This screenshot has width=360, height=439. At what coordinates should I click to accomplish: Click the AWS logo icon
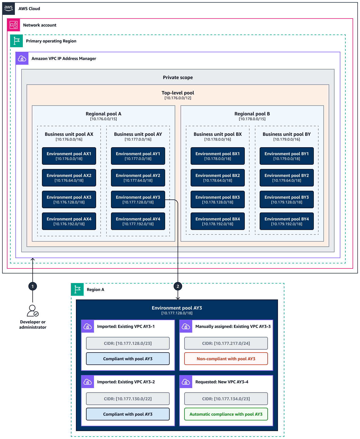(8, 8)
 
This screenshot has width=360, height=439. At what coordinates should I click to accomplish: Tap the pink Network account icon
(14, 25)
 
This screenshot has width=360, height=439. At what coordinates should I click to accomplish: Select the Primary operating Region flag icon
(16, 41)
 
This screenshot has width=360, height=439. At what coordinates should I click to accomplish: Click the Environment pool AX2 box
(69, 178)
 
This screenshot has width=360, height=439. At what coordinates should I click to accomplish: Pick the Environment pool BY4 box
(286, 221)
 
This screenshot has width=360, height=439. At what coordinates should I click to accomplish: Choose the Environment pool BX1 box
(217, 156)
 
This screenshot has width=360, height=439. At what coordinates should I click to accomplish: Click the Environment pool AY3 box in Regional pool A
(138, 199)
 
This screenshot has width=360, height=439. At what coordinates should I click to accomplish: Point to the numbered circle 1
(33, 286)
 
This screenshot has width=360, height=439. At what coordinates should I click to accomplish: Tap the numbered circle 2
(178, 286)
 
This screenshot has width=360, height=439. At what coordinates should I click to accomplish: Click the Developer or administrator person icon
(33, 311)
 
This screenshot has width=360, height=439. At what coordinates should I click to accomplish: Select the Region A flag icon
(77, 289)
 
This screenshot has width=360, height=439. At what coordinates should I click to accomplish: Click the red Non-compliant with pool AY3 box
(226, 359)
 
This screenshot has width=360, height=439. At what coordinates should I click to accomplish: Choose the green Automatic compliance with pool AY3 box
(226, 414)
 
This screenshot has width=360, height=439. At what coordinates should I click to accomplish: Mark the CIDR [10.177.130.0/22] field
(128, 399)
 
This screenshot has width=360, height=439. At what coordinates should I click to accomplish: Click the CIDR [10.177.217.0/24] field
(226, 343)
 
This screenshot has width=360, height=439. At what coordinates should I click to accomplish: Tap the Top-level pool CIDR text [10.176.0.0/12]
(178, 98)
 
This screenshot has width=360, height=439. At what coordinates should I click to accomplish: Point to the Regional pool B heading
(252, 114)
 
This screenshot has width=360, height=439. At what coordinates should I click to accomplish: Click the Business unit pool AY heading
(138, 134)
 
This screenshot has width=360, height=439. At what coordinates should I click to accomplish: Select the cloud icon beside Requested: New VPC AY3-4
(186, 382)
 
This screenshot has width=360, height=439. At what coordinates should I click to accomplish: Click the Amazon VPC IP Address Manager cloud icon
(22, 58)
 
